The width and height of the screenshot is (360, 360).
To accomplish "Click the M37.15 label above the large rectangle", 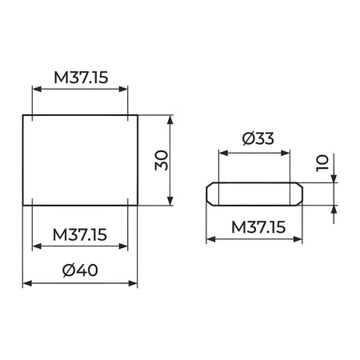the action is [81, 78].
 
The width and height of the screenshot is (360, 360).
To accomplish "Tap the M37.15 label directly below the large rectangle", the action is [80, 234].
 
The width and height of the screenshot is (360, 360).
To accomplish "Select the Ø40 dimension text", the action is [80, 270].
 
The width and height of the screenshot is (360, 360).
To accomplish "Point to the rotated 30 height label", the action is [162, 160].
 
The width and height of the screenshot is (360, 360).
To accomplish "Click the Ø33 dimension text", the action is [258, 138].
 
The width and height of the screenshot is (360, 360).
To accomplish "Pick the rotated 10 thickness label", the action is [322, 163].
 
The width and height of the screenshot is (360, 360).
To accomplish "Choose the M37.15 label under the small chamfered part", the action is [258, 227].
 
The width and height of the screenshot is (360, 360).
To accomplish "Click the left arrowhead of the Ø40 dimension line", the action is [27, 283].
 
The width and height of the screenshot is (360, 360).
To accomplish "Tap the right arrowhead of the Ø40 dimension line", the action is [133, 283].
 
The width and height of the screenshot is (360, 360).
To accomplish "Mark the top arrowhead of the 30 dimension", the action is [170, 120].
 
